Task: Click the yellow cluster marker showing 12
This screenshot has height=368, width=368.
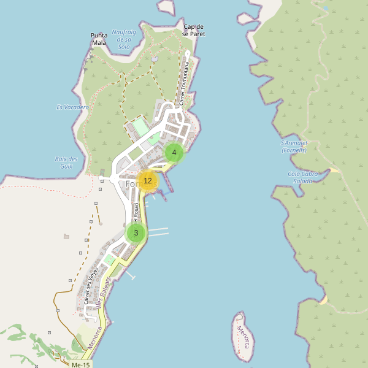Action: (148, 181)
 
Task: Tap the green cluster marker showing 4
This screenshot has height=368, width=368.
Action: (174, 153)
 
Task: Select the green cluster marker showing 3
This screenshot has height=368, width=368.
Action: (136, 233)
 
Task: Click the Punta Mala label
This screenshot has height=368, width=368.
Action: (99, 39)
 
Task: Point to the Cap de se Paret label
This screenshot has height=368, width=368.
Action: (194, 31)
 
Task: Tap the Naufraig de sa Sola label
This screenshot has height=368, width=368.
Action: (123, 39)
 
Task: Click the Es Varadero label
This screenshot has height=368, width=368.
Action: (72, 107)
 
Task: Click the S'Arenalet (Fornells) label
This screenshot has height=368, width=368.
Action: (293, 147)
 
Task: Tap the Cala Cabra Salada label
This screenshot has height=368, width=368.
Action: (303, 177)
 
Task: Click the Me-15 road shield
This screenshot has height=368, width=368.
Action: (80, 365)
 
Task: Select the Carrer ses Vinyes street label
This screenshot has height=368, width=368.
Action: (91, 286)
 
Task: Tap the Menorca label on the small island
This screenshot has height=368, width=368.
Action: (244, 335)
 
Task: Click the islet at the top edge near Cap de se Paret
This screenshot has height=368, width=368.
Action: (166, 6)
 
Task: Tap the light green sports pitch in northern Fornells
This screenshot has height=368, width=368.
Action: (140, 128)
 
